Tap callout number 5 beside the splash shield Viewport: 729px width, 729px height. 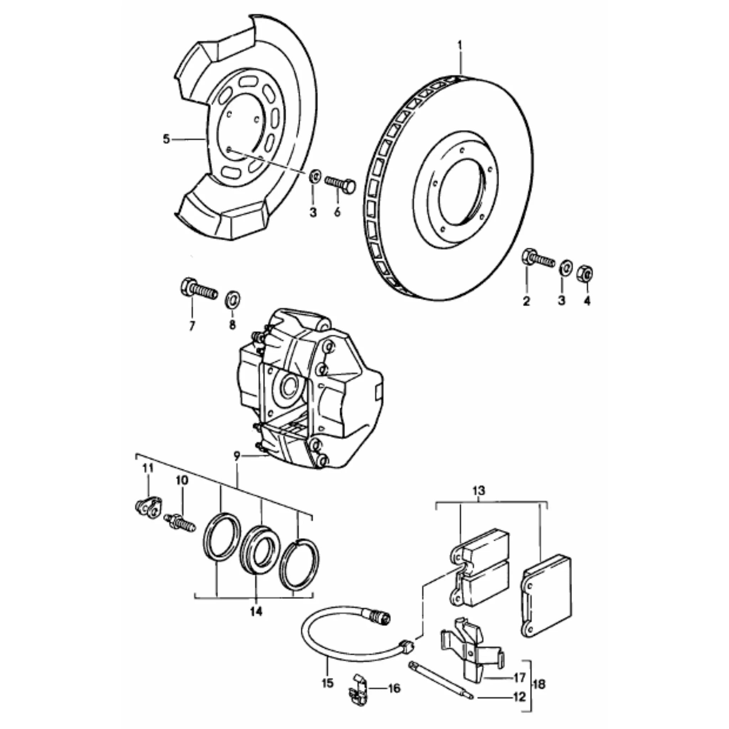[x=166, y=139]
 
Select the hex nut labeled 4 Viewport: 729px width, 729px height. [x=584, y=273]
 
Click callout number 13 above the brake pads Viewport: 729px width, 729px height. [x=478, y=491]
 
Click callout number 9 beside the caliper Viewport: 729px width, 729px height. [x=237, y=456]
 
